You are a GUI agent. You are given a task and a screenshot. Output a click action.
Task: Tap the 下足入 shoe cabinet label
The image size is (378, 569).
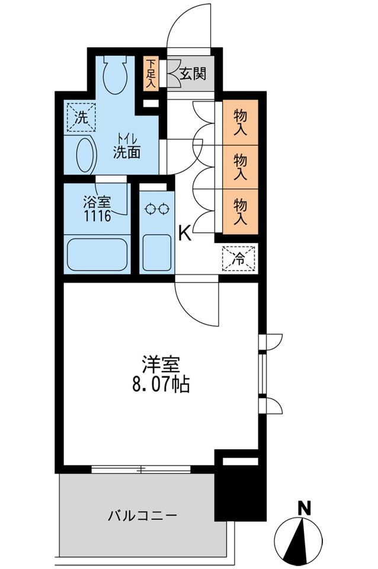tap(150, 74)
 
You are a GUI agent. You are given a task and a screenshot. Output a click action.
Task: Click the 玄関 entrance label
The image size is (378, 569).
tap(193, 74)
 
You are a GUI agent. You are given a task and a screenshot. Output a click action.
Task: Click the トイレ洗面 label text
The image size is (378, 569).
tap(127, 146)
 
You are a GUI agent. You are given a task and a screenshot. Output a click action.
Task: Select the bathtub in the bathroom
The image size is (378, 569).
tap(97, 253)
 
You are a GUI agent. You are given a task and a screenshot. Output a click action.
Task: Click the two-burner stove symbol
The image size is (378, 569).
tap(157, 209)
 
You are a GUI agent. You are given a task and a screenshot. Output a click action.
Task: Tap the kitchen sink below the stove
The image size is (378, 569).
tap(157, 252)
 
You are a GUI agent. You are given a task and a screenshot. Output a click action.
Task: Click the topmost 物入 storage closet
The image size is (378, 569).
tap(240, 122)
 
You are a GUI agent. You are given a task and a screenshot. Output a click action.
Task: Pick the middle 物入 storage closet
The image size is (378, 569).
tap(240, 167)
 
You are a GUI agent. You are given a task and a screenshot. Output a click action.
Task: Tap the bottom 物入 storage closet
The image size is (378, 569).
tap(240, 212)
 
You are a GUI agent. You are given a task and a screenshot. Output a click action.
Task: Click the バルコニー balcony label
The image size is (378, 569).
tap(142, 515)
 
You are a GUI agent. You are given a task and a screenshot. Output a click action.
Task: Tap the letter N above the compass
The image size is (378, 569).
tap(304, 508)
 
